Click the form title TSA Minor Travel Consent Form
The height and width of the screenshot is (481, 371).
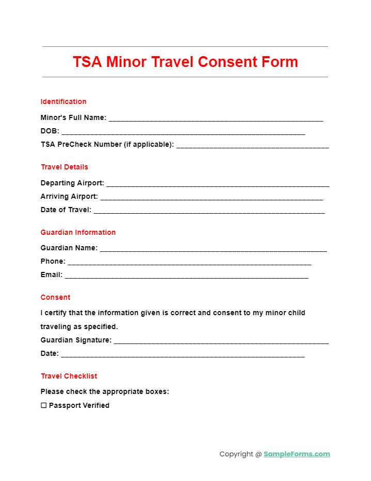coord(185,62)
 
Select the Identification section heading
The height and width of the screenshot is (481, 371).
coord(63,101)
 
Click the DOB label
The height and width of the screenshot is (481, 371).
coord(50,131)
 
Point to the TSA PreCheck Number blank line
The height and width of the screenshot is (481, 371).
coord(252,146)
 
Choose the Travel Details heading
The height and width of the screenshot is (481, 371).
coord(64,167)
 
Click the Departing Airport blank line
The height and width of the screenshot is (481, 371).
coord(217,184)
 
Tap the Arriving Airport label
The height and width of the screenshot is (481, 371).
coord(69,196)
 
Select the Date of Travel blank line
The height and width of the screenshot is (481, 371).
coord(209,211)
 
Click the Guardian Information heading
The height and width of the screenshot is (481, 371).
coord(78,232)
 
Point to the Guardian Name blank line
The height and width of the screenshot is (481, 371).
coord(213,249)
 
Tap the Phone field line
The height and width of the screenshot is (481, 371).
coord(189,262)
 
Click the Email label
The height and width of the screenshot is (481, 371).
coord(51,275)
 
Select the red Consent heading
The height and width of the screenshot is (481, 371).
coord(55,297)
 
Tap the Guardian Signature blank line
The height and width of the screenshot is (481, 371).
coord(221,341)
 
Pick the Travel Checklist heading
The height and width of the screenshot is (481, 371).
coord(69,376)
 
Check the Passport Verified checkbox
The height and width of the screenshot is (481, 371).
coord(44,405)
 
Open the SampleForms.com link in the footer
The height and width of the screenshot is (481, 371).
coord(297,454)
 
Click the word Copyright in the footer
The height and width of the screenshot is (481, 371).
coord(236,454)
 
